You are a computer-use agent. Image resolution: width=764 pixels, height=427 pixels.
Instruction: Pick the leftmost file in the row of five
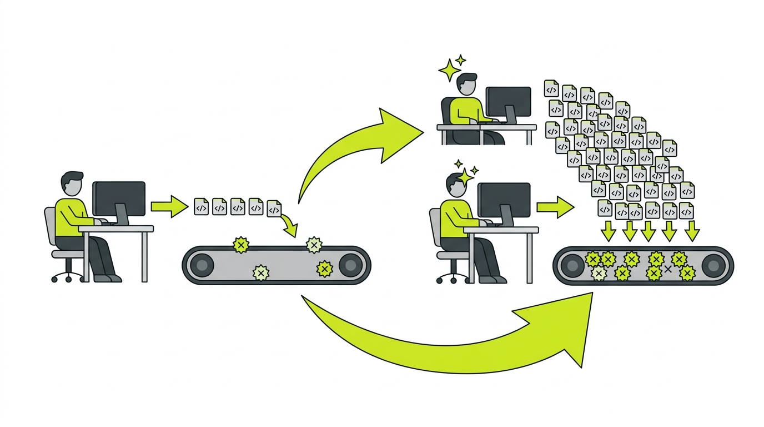coord(201,207)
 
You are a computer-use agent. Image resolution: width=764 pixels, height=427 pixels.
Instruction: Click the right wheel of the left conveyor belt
coord(351,265)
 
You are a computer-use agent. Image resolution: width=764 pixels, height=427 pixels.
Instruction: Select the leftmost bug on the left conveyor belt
coord(241,245)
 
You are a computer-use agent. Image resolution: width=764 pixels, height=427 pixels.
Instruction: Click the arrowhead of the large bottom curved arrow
coord(572,328)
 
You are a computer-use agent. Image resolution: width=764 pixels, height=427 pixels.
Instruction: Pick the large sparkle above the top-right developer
coord(449,71)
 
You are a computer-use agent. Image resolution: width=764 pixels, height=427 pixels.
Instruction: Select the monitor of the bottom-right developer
coord(504,200)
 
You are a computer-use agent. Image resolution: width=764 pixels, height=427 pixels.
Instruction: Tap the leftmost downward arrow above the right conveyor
coord(609,230)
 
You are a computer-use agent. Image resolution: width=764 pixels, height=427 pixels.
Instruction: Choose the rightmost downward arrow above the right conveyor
coord(691,230)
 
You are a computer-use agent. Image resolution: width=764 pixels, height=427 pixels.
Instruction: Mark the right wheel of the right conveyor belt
coord(716,266)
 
